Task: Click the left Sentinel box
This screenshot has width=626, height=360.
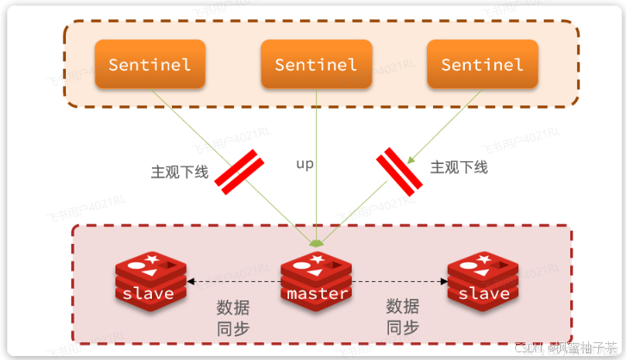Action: coord(150,64)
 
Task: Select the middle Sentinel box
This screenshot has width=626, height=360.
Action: coord(316,64)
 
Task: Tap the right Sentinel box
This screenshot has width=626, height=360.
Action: coord(482,64)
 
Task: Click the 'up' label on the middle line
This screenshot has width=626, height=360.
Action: coord(305,165)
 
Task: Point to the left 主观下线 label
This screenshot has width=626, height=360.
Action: coord(180,171)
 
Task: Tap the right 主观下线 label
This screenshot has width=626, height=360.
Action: coord(459,167)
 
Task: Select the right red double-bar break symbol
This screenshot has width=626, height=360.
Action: coord(399,171)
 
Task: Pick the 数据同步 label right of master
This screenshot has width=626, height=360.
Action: coord(403,316)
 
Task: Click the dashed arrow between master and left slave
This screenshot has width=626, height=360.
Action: coord(232,282)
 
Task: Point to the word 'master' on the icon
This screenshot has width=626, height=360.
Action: coord(316,294)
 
